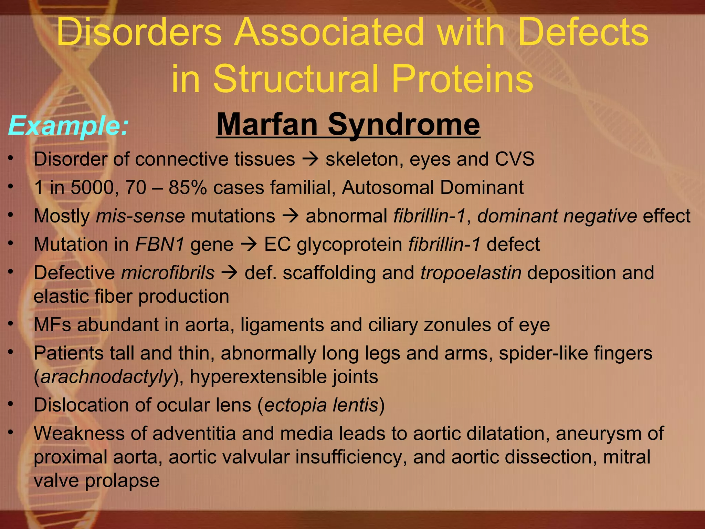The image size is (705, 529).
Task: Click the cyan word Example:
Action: point(68,126)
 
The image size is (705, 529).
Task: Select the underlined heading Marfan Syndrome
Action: point(348,125)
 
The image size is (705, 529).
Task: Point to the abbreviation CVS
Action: point(515,159)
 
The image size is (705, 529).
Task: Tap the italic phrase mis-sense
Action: point(140,216)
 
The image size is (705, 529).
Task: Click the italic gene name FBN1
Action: point(160,245)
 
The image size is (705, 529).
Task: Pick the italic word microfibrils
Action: point(168,273)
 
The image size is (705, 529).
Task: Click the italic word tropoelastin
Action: point(471,273)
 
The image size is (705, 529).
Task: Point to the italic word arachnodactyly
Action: point(106,377)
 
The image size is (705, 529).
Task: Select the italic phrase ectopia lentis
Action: point(321,405)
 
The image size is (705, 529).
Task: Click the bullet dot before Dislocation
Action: point(11,404)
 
